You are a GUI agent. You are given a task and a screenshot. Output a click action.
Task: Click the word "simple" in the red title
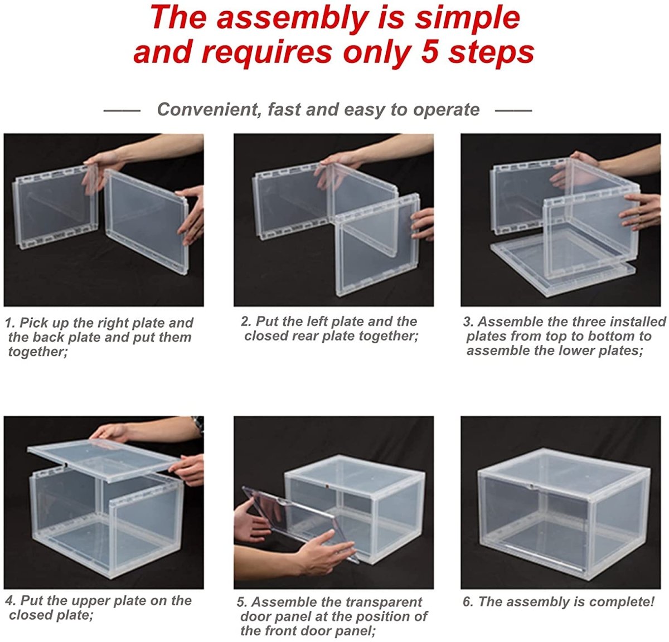pos(468,19)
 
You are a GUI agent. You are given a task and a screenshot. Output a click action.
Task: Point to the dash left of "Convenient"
pos(122,111)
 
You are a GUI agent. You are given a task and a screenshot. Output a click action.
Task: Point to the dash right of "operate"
pos(513,111)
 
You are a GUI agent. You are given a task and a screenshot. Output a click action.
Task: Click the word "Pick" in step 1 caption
pos(33,323)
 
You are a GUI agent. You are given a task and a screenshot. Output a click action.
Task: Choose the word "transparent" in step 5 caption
pos(384,602)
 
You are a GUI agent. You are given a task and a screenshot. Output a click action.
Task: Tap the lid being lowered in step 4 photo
pos(103,460)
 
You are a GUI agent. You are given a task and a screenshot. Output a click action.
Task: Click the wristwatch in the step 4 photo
pos(198,424)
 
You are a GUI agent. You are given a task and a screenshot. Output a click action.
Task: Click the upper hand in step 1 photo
pos(103,168)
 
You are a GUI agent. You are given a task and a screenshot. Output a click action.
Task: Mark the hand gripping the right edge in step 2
pos(422,223)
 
